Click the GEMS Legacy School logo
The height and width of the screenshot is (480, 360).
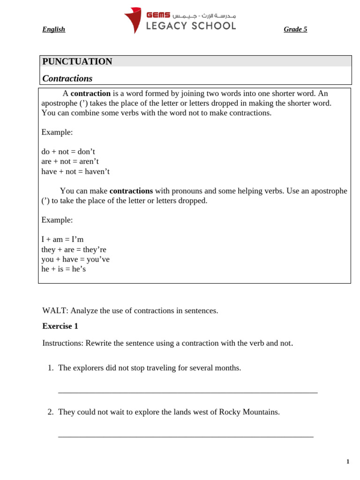pos(180,20)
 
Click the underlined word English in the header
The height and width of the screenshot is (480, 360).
pos(53,30)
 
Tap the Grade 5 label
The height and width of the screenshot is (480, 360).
pos(295,30)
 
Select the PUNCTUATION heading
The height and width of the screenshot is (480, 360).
pos(77,61)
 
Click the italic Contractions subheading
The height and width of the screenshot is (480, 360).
pos(67,78)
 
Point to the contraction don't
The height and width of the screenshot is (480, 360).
pos(86,152)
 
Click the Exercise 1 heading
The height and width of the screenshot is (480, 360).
pos(60,326)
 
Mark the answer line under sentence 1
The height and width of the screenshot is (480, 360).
pos(187,392)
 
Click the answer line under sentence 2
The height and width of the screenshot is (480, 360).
pos(186,436)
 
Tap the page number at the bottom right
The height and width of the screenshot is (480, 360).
pos(348,462)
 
